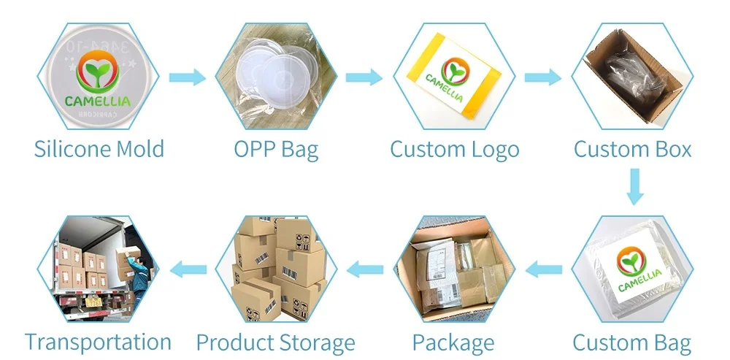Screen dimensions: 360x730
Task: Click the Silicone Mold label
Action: tap(99, 149)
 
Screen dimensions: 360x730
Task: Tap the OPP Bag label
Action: tap(276, 149)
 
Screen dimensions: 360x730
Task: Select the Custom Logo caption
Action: tap(454, 149)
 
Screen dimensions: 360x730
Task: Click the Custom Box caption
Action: tap(632, 149)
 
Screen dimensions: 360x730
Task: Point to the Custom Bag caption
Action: tap(631, 342)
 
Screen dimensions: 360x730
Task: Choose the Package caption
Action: tap(453, 342)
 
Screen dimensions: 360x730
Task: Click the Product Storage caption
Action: tap(275, 342)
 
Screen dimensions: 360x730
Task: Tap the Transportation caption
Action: tap(98, 342)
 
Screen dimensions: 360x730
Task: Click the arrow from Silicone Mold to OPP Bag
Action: tap(187, 77)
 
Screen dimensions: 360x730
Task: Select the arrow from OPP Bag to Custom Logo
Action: tap(364, 77)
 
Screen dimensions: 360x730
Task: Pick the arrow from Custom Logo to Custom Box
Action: tap(542, 77)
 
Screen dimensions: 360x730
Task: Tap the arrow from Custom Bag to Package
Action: tap(545, 270)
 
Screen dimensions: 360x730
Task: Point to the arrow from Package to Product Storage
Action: tap(364, 271)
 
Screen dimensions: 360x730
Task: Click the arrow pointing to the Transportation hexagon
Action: tap(188, 271)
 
